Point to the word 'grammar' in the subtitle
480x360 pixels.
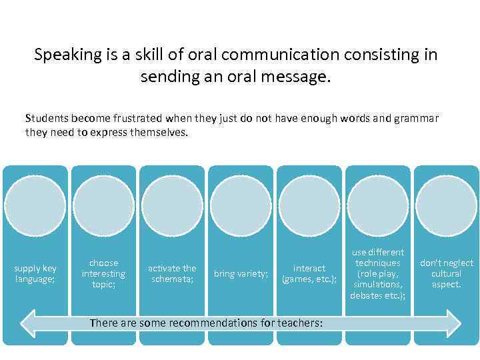coord(416,119)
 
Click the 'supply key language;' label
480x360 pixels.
coord(35,273)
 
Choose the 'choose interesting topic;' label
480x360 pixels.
coord(103,273)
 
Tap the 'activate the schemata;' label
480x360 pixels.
coord(172,273)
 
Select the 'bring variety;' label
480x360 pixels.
coord(241,273)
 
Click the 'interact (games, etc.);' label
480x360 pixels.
coord(309,273)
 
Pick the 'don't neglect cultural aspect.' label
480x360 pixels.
coord(447,273)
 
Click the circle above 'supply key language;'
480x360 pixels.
coord(35,205)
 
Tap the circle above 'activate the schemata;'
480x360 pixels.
coord(172,205)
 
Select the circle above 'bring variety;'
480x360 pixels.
coord(241,205)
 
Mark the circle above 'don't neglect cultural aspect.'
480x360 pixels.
coord(447,205)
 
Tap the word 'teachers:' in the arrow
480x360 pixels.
coord(301,323)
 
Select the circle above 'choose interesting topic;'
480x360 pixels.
coord(103,205)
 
